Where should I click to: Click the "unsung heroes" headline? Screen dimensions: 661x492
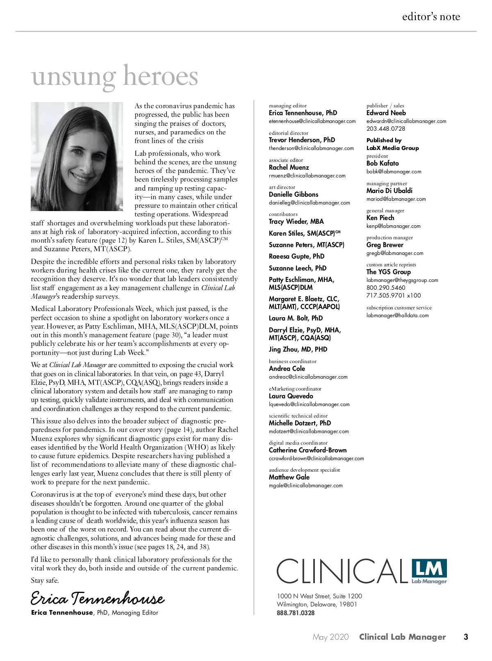pyautogui.click(x=114, y=77)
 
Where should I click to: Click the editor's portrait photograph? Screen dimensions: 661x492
pyautogui.click(x=77, y=156)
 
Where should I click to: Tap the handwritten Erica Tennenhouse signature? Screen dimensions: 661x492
pyautogui.click(x=98, y=598)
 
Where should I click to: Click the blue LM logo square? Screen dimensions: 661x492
pyautogui.click(x=429, y=569)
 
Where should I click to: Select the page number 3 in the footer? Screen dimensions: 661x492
pyautogui.click(x=466, y=637)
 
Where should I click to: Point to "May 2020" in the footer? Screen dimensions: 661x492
pyautogui.click(x=330, y=637)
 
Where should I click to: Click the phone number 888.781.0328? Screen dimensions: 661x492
pyautogui.click(x=296, y=613)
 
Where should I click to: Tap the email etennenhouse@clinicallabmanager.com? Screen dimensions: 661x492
pyautogui.click(x=312, y=121)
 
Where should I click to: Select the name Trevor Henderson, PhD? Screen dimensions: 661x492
pyautogui.click(x=302, y=140)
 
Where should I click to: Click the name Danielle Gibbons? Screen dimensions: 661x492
pyautogui.click(x=294, y=194)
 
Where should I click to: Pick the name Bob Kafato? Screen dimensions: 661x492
pyautogui.click(x=383, y=163)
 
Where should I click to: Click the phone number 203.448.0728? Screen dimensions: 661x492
pyautogui.click(x=386, y=129)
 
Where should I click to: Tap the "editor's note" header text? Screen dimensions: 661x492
pyautogui.click(x=431, y=17)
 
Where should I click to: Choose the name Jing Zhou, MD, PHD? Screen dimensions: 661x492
pyautogui.click(x=298, y=349)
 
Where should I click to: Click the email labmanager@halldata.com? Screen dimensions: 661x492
pyautogui.click(x=397, y=316)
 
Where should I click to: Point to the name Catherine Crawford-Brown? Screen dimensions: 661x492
pyautogui.click(x=307, y=450)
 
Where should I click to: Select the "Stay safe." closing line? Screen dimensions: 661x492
pyautogui.click(x=45, y=580)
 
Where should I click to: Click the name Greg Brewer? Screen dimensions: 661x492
pyautogui.click(x=385, y=245)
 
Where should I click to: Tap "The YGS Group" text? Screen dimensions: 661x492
pyautogui.click(x=388, y=272)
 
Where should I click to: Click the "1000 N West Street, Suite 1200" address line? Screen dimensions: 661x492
pyautogui.click(x=319, y=596)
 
